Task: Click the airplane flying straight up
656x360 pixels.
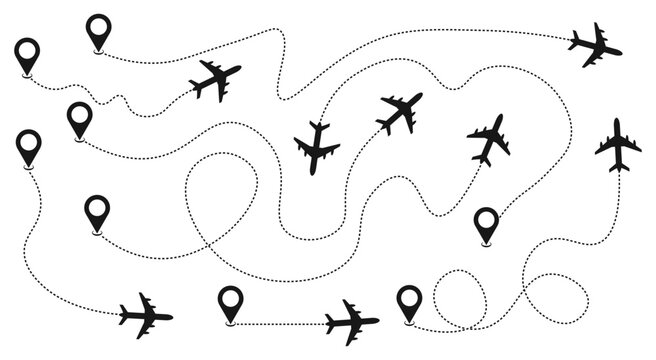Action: point(618,146)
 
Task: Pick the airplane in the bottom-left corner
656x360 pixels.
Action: point(146,315)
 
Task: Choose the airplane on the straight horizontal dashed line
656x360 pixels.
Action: point(351,321)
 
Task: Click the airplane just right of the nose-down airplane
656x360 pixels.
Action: point(399,112)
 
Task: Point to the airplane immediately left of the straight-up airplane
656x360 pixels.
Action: point(489,138)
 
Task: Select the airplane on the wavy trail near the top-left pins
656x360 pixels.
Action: point(214,79)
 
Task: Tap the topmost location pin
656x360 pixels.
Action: point(98,30)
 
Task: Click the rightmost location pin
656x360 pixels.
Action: point(486,223)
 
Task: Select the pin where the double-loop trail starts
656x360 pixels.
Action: point(408,300)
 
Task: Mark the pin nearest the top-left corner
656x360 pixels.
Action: point(26,54)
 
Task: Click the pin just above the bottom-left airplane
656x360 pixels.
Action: point(97,212)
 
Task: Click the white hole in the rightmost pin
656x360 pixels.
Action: point(486,219)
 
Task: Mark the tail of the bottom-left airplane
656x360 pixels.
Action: point(123,316)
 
